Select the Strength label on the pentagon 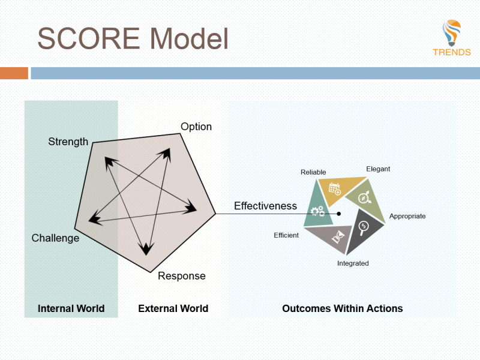pyautogui.click(x=68, y=142)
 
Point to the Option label pyautogui.click(x=196, y=127)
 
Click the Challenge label pyautogui.click(x=55, y=238)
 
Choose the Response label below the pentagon pyautogui.click(x=181, y=276)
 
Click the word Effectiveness pyautogui.click(x=265, y=206)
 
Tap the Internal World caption pyautogui.click(x=71, y=308)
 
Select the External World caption pyautogui.click(x=173, y=308)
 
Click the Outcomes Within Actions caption pyautogui.click(x=342, y=308)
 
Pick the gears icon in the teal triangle pyautogui.click(x=317, y=211)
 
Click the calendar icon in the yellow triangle pyautogui.click(x=335, y=188)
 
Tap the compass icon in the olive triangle pyautogui.click(x=364, y=197)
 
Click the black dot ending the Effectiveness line pyautogui.click(x=339, y=214)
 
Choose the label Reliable pyautogui.click(x=313, y=172)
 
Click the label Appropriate pyautogui.click(x=407, y=216)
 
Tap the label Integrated pyautogui.click(x=353, y=263)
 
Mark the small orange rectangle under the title pyautogui.click(x=14, y=73)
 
